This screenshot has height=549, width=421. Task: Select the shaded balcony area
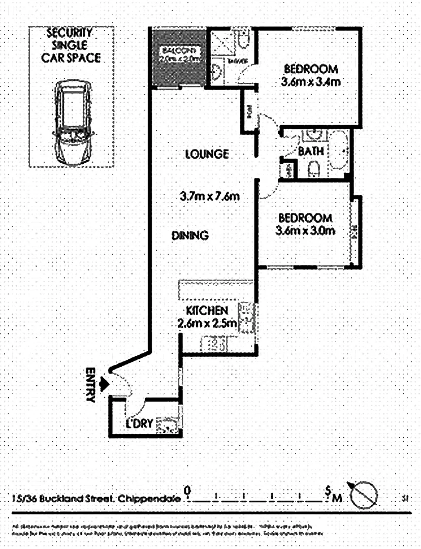(x=177, y=57)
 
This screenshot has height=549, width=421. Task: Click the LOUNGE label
(x=206, y=154)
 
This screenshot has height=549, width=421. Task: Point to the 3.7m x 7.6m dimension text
(x=210, y=195)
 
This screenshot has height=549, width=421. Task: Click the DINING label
(x=190, y=235)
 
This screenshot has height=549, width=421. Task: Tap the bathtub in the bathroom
(x=338, y=151)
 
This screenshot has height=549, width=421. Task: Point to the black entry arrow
(x=105, y=384)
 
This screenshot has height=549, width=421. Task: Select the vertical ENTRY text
(x=91, y=385)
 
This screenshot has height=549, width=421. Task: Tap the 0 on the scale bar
(x=188, y=490)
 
